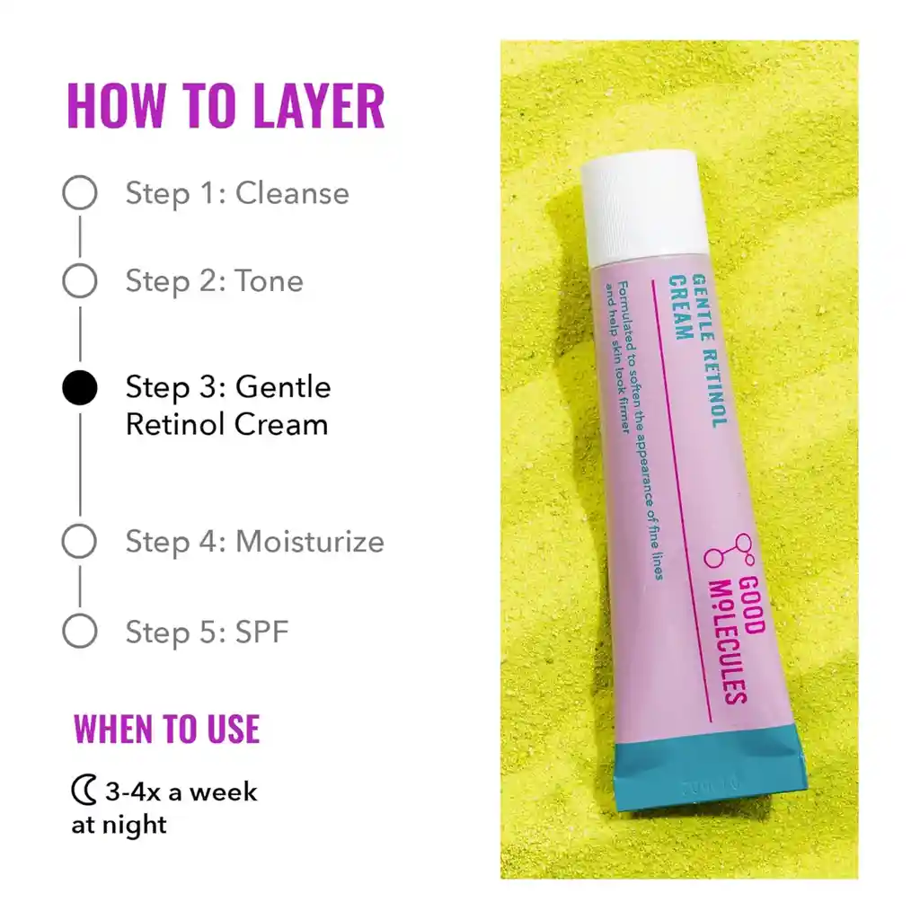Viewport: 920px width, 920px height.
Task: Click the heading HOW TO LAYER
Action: (226, 106)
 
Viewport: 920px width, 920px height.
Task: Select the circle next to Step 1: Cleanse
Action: (80, 193)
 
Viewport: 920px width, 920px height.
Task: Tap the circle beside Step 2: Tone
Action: (80, 281)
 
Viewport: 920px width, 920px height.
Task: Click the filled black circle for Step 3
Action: (80, 388)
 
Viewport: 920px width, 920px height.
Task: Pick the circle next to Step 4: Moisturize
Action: (80, 542)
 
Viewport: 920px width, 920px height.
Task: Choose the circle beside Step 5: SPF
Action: (80, 632)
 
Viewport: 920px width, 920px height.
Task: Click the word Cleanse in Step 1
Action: (292, 193)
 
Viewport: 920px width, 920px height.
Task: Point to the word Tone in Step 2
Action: (270, 281)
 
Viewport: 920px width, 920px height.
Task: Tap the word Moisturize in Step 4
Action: (310, 542)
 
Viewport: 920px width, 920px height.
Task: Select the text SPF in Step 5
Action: (262, 632)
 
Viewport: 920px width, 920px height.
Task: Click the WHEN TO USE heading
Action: (167, 729)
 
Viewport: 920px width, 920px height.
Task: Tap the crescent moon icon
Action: (84, 792)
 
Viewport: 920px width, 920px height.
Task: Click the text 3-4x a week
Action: (181, 792)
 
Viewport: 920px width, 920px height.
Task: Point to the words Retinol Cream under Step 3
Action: (226, 424)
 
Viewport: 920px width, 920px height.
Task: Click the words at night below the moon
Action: (119, 824)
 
